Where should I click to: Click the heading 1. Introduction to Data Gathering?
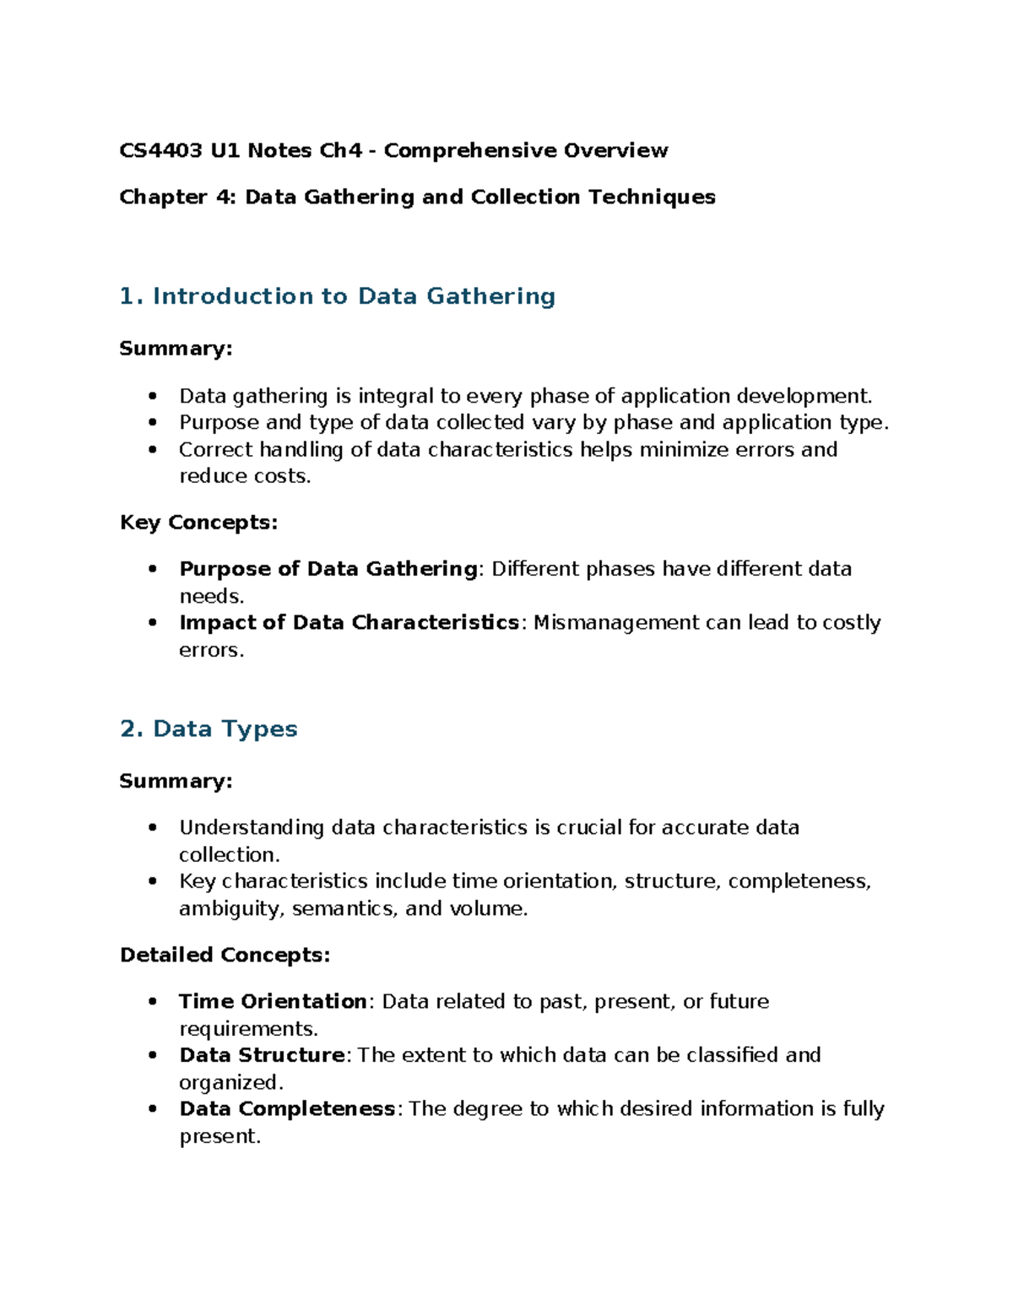point(338,296)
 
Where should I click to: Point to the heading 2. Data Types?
point(209,729)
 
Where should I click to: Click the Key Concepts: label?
point(198,523)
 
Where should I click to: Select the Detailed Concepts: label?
point(225,955)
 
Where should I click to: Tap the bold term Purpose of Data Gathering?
point(328,569)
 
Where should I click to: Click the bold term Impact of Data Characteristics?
point(349,623)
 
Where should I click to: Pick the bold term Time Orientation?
point(273,1001)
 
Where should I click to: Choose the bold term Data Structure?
point(262,1055)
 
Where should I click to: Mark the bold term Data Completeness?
point(287,1109)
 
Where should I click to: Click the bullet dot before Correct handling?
point(152,450)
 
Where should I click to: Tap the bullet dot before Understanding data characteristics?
point(152,828)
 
